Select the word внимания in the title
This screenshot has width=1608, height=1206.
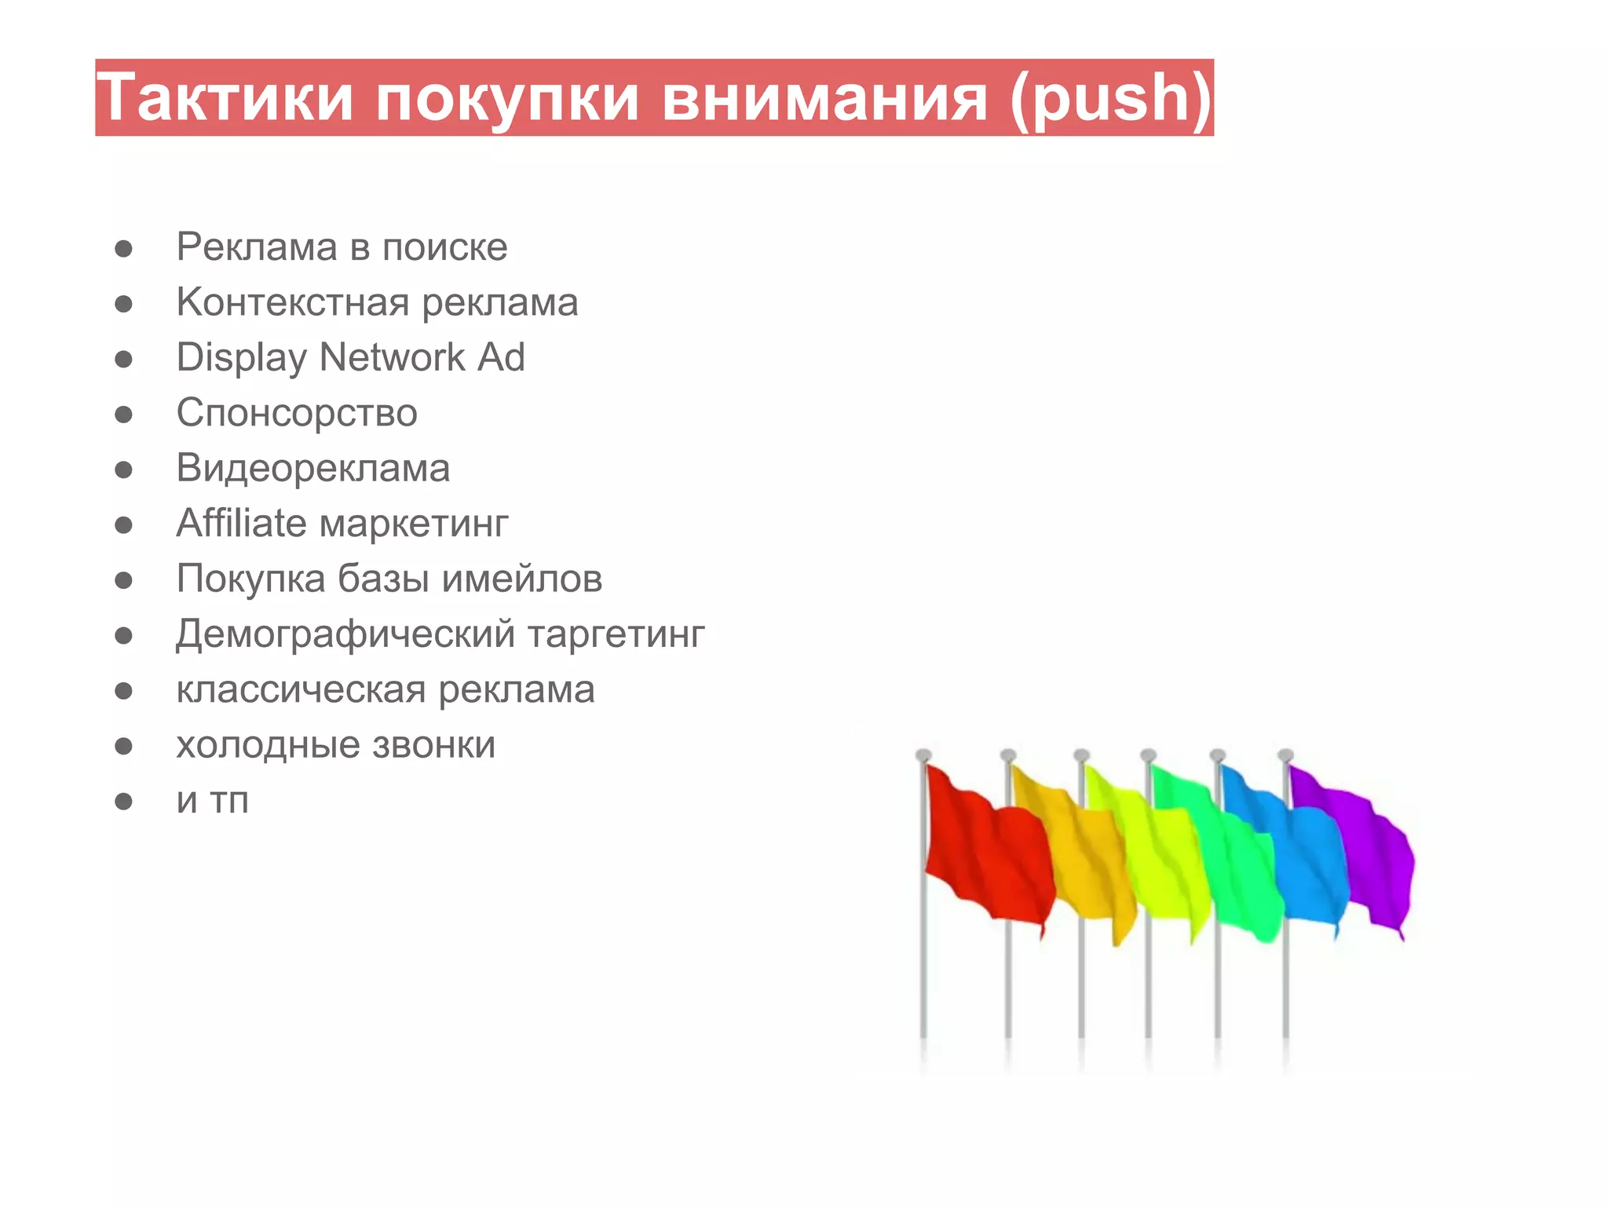pos(824,97)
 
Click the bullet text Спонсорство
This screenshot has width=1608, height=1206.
pos(297,413)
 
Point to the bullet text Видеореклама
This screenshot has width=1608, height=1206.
pos(313,469)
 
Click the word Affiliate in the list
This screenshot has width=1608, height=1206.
pos(241,523)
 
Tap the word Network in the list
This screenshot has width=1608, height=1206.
pos(393,357)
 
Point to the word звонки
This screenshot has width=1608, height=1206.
pos(433,745)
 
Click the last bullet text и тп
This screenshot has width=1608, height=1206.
pos(212,801)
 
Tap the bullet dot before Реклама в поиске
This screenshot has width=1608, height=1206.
pos(123,249)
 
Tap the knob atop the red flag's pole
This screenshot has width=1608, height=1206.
pos(923,755)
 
